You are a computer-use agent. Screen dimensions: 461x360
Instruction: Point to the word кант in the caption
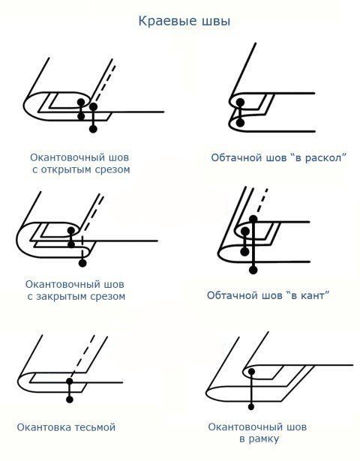coord(309,295)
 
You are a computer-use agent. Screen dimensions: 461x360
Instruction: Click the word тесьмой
coord(94,427)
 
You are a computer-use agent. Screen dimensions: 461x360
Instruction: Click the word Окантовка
coord(44,427)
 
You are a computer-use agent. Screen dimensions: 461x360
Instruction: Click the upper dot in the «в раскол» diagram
coord(239,103)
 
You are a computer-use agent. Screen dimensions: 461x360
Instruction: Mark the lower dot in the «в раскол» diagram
coord(239,122)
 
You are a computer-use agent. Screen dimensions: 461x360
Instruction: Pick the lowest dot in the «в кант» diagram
coord(254,268)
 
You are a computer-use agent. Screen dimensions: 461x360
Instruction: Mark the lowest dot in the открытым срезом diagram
coord(93,130)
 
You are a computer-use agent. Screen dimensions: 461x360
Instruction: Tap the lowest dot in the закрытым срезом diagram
coord(82,263)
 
